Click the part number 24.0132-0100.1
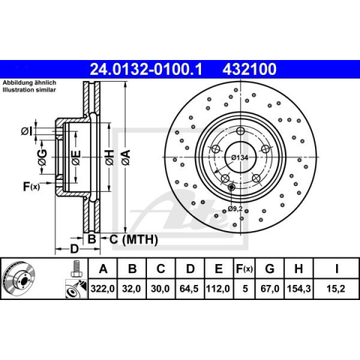tap(145, 69)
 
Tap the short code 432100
tap(250, 69)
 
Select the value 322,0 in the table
tap(103, 289)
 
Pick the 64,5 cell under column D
tap(189, 289)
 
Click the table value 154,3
tap(298, 289)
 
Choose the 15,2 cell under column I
tap(336, 289)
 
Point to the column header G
tap(269, 268)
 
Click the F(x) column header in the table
tap(244, 268)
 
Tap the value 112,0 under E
tap(217, 289)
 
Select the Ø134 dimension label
tap(239, 157)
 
